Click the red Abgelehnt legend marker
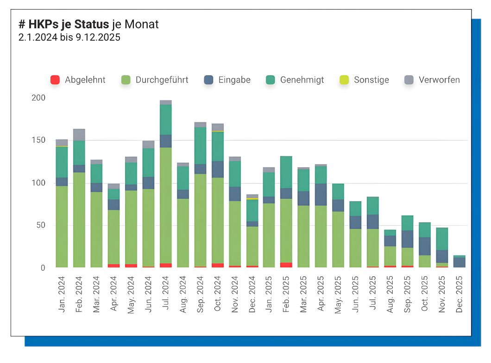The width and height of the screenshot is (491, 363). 55,80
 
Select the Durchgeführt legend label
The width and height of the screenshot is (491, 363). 162,80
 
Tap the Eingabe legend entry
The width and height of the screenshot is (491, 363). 234,80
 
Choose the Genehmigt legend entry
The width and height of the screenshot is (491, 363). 302,80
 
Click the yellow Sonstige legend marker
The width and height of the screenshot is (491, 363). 344,80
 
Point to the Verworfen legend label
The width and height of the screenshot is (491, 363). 439,80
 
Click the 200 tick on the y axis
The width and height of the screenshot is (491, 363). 38,98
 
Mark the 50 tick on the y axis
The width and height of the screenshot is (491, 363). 41,225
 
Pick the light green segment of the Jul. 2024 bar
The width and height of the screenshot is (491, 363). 166,204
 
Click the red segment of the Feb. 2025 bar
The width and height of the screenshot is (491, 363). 286,265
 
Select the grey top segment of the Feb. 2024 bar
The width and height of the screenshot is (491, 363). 79,134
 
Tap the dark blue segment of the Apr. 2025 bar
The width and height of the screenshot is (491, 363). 321,194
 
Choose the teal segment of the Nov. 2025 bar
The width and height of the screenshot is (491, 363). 442,238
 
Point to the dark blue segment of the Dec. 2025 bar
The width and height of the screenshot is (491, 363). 460,262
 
